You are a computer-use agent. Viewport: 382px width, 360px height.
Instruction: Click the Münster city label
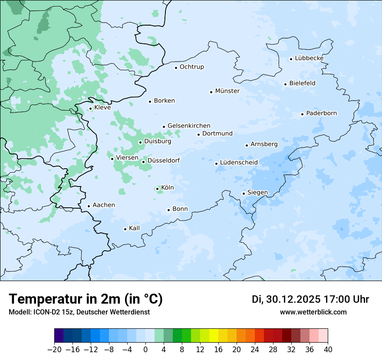[227, 91]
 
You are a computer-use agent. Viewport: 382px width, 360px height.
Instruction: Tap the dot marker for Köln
[157, 189]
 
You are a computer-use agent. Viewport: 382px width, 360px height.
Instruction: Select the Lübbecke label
[309, 58]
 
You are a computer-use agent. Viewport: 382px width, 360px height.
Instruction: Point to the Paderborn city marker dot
[302, 114]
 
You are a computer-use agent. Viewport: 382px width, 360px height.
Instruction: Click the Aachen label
[104, 205]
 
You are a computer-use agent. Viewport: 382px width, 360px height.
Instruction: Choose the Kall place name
[135, 228]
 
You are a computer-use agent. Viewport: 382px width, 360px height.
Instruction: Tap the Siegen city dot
[244, 193]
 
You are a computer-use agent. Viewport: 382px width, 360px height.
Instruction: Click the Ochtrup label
[191, 67]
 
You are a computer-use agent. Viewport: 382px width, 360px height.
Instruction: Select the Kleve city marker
[90, 108]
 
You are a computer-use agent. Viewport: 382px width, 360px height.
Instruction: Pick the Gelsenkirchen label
[189, 126]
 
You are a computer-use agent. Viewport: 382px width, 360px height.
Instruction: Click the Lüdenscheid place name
[239, 163]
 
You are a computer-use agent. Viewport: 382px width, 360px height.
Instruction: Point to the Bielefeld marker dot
[285, 84]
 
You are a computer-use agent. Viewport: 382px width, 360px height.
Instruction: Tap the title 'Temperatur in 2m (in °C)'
[86, 299]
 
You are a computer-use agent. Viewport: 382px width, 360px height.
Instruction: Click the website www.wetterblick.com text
[313, 312]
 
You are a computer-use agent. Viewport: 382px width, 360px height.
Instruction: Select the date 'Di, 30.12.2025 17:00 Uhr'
[310, 299]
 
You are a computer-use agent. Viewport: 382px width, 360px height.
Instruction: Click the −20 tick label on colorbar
[54, 350]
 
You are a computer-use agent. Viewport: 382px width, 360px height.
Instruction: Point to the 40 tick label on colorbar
[328, 350]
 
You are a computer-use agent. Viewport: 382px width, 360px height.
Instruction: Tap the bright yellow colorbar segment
[214, 336]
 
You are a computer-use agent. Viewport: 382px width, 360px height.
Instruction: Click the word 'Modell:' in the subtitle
[19, 312]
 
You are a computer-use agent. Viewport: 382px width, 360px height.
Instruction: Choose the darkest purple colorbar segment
[59, 336]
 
